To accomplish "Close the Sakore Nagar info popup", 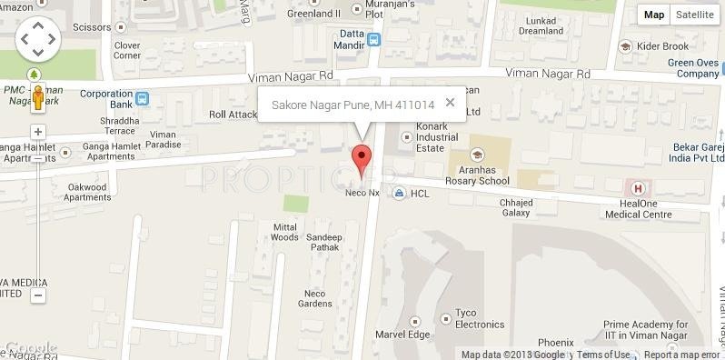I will coord(450,103).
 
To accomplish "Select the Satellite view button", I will coord(694,15).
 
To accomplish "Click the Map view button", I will coord(654,15).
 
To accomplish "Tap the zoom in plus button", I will coord(38,133).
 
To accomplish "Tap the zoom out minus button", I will coord(38,295).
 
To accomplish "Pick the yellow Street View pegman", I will coord(38,96).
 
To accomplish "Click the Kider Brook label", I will coord(661,45).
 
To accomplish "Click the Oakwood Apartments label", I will coord(88,192).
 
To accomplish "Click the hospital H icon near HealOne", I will coord(638,188).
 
